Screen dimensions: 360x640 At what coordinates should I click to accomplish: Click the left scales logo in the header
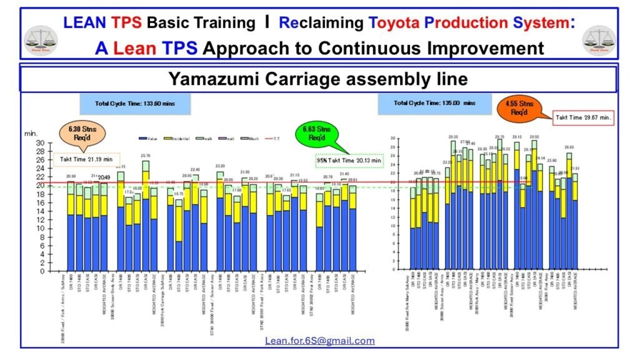41,39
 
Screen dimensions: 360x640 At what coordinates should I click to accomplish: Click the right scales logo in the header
599,39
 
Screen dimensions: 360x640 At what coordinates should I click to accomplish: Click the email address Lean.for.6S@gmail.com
319,341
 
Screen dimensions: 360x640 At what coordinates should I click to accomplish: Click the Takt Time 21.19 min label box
86,159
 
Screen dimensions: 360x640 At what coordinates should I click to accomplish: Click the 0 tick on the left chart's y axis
42,271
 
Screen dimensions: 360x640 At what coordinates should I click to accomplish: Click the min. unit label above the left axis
31,133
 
